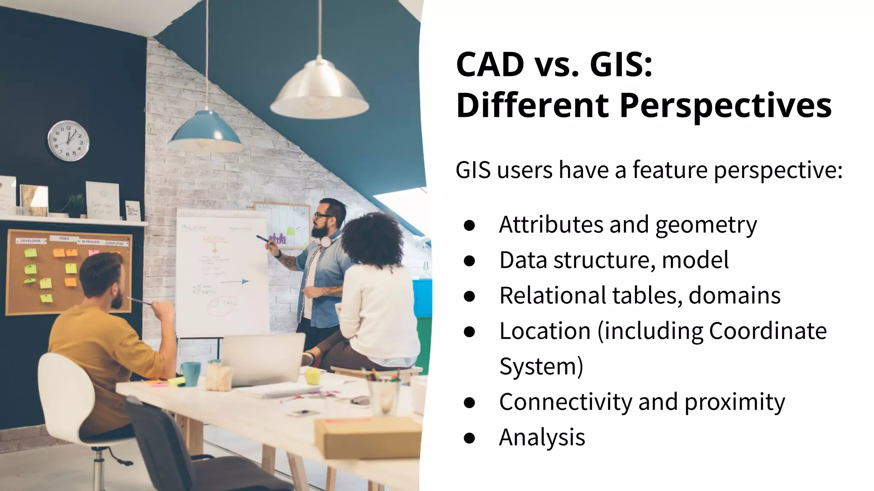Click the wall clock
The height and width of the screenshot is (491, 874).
pos(68,141)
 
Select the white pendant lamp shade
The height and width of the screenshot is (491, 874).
pos(319,90)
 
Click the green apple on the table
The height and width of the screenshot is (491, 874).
pos(312,376)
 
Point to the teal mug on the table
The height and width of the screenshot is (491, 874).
pos(190,373)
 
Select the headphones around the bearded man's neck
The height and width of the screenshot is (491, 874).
pos(326,242)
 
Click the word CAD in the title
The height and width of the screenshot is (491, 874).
pos(490,65)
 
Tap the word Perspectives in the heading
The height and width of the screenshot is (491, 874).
pos(725,105)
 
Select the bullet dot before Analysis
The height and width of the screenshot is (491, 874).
pos(469,438)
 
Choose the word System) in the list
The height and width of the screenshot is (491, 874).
pos(541,367)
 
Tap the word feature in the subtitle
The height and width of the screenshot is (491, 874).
pos(670,170)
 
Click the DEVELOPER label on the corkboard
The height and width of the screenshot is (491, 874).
pos(30,241)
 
